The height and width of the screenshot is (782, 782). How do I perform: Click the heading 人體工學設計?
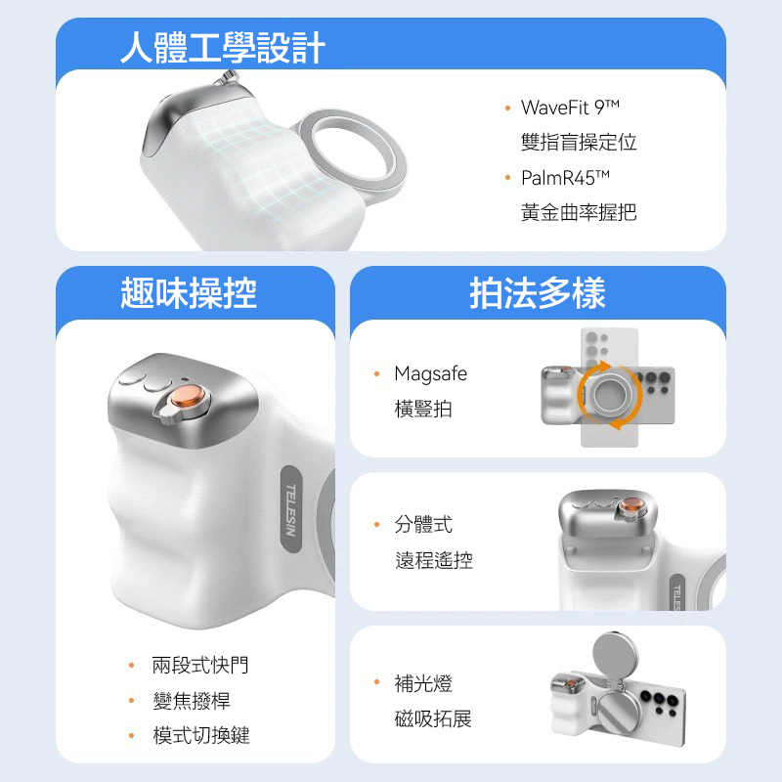click(x=223, y=47)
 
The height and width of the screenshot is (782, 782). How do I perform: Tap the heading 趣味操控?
click(x=189, y=292)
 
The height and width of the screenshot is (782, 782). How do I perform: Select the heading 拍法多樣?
click(x=538, y=292)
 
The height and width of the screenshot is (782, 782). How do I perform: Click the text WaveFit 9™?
click(x=571, y=107)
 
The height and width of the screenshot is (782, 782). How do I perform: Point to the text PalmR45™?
click(x=565, y=177)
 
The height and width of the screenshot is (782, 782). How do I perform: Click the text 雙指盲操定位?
click(x=579, y=142)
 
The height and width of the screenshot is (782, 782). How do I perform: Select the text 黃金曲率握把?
click(x=579, y=212)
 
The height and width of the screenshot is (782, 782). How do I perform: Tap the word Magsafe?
click(x=430, y=373)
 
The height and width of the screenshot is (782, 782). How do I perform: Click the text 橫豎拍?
click(x=423, y=409)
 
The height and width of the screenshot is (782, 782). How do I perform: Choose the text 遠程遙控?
click(x=433, y=561)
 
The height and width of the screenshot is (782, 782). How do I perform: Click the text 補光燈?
click(x=423, y=683)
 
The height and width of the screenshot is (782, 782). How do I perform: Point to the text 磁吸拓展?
click(x=433, y=719)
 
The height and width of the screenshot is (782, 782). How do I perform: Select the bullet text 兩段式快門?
click(x=200, y=666)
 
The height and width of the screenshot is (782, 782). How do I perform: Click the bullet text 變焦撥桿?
click(x=192, y=701)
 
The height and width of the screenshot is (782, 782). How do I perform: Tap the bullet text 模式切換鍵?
click(x=200, y=736)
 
